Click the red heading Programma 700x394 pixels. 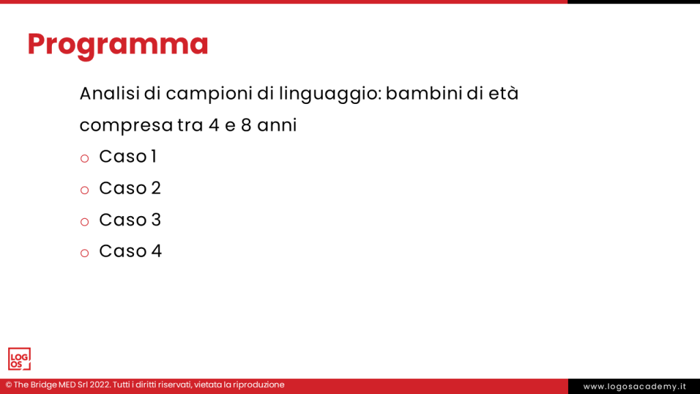pos(118,44)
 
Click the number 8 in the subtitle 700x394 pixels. pos(246,126)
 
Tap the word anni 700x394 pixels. pos(277,126)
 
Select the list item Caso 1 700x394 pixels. pos(128,157)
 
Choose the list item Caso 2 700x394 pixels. pos(130,188)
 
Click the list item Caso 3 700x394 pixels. pos(130,220)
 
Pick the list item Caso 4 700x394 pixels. pos(130,251)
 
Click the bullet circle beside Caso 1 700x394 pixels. pos(85,159)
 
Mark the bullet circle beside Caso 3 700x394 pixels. pos(85,222)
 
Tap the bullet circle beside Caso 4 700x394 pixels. pos(85,253)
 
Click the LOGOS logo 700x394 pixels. pos(19,358)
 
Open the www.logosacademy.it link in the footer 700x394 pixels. pos(634,386)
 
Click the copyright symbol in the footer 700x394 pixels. pos(9,385)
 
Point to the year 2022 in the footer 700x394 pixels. pos(98,385)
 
